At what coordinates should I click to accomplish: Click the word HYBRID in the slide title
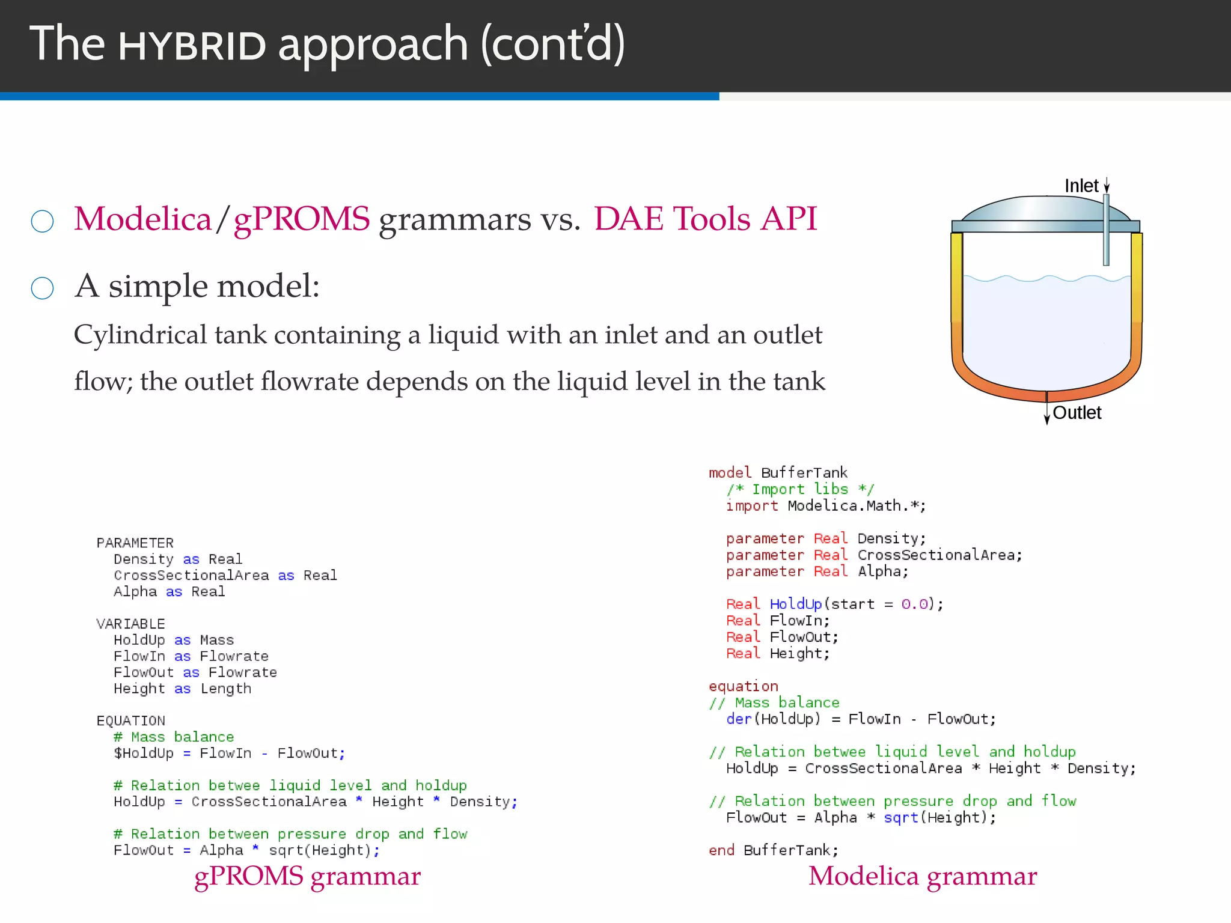(x=192, y=46)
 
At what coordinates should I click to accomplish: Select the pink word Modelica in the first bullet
(x=143, y=219)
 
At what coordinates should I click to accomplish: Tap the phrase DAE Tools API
(x=705, y=219)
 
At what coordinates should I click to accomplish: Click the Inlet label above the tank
(x=1081, y=186)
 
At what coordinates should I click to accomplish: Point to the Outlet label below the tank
(x=1077, y=413)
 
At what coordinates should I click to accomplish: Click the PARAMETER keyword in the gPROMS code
(x=135, y=543)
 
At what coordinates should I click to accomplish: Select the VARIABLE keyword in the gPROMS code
(x=130, y=624)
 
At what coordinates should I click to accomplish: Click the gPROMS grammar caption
(x=307, y=876)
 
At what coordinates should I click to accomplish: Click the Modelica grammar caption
(x=922, y=876)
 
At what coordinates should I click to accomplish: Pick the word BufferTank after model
(x=804, y=473)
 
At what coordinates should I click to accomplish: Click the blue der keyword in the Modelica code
(x=739, y=719)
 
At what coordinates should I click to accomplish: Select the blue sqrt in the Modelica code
(x=900, y=818)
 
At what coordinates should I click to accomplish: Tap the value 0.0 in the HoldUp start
(x=914, y=604)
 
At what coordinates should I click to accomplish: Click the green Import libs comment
(x=799, y=489)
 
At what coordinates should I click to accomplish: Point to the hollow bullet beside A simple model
(x=42, y=288)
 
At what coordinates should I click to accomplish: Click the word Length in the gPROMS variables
(x=225, y=689)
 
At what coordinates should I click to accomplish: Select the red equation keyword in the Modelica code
(x=743, y=686)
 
